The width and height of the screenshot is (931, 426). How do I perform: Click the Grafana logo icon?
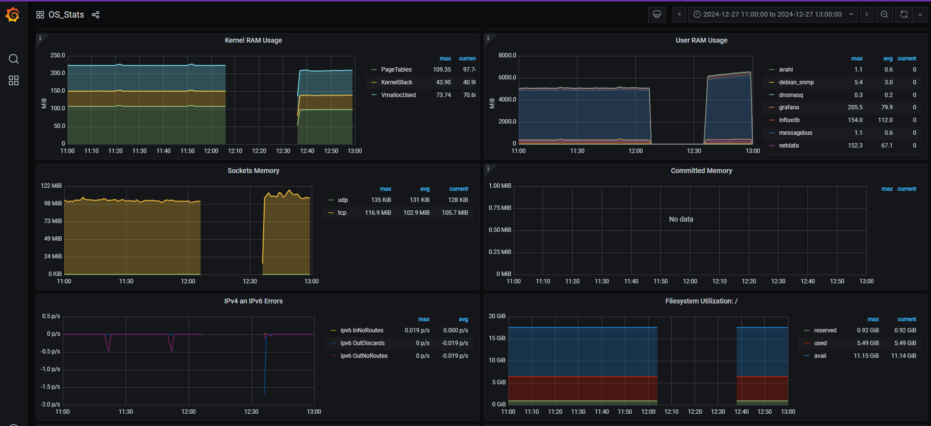pyautogui.click(x=13, y=15)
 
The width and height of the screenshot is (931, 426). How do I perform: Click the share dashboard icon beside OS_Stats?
pyautogui.click(x=96, y=15)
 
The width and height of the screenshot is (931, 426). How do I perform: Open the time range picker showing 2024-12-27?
pyautogui.click(x=773, y=14)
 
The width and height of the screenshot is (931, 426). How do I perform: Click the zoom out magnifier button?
pyautogui.click(x=884, y=14)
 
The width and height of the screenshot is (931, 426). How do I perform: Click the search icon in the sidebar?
pyautogui.click(x=14, y=59)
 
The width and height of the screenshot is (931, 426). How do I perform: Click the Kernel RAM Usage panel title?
pyautogui.click(x=253, y=40)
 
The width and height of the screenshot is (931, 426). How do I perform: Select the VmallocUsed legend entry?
pyautogui.click(x=398, y=95)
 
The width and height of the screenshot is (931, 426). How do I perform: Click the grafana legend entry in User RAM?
pyautogui.click(x=788, y=107)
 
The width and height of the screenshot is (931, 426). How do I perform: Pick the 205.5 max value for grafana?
pyautogui.click(x=855, y=107)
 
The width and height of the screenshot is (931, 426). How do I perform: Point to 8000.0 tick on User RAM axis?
pyautogui.click(x=507, y=55)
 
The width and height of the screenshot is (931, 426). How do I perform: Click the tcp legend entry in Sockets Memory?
pyautogui.click(x=342, y=213)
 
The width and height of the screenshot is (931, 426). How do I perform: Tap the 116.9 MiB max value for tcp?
pyautogui.click(x=377, y=213)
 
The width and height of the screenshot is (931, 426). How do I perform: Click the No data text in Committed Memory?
pyautogui.click(x=681, y=219)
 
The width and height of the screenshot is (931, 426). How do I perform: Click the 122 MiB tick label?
pyautogui.click(x=51, y=186)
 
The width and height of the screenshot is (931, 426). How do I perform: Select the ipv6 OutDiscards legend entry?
pyautogui.click(x=362, y=343)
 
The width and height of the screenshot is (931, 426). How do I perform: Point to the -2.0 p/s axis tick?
pyautogui.click(x=50, y=404)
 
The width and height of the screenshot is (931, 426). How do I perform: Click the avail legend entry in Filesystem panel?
pyautogui.click(x=820, y=356)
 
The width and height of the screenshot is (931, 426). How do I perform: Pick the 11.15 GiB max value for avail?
pyautogui.click(x=866, y=356)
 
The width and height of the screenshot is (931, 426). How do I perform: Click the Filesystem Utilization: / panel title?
pyautogui.click(x=701, y=301)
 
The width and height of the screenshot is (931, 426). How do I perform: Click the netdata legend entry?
pyautogui.click(x=788, y=146)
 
